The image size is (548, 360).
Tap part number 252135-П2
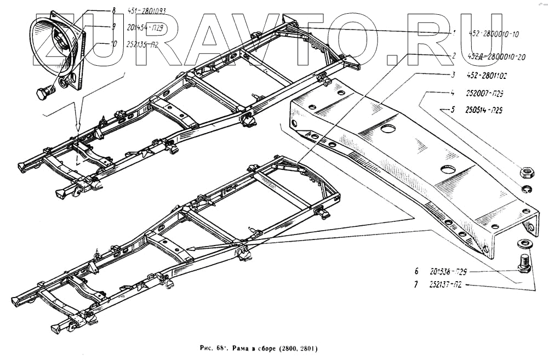point(142,45)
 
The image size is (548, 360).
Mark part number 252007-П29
point(486,94)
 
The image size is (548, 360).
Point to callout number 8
point(113,9)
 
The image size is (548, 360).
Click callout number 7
point(416,285)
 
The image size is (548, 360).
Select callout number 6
point(416,271)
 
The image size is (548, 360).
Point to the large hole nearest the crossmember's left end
point(388,129)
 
